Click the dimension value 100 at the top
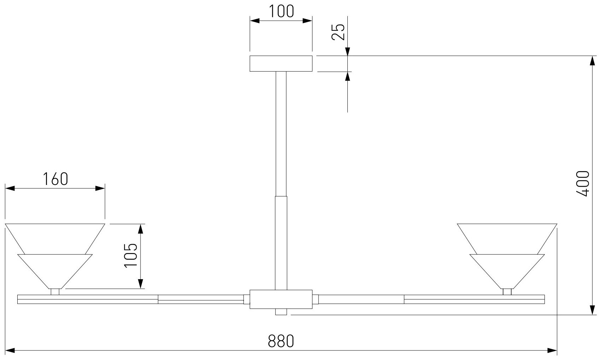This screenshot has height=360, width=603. point(281,11)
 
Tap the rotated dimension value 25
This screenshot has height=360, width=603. point(338,32)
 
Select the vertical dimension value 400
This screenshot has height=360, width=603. point(582,184)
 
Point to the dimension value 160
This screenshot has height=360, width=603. point(55,179)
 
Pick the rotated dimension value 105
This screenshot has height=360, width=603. point(131,256)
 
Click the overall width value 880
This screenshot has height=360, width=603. point(281,341)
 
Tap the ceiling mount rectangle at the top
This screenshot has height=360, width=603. point(281,64)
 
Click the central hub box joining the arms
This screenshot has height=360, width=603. point(281,299)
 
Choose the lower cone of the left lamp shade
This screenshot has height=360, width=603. point(55,270)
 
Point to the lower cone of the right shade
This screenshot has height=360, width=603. point(507,270)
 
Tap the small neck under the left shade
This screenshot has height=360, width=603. point(55,292)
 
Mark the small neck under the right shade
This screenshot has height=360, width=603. point(507,292)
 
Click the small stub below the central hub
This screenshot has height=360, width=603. point(281,312)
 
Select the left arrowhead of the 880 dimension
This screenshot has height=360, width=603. point(10,350)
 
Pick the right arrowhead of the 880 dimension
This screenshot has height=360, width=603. point(553,350)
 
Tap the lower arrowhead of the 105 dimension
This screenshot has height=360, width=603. point(141,284)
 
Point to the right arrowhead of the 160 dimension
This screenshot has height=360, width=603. point(101,188)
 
